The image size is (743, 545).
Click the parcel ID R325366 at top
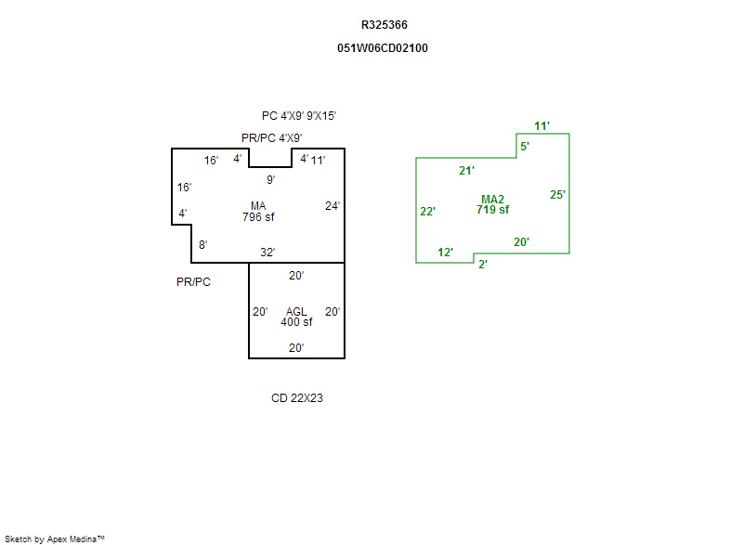pyautogui.click(x=384, y=25)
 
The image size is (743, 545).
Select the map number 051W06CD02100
pyautogui.click(x=383, y=47)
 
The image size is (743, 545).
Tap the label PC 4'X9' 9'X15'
pyautogui.click(x=298, y=116)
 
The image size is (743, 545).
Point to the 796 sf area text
pyautogui.click(x=258, y=217)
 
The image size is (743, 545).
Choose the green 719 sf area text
pyautogui.click(x=492, y=210)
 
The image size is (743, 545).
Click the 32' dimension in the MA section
pyautogui.click(x=267, y=252)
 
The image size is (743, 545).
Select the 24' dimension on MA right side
pyautogui.click(x=332, y=205)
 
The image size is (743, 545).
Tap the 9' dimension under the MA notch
pyautogui.click(x=270, y=179)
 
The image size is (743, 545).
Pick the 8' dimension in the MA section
pyautogui.click(x=202, y=245)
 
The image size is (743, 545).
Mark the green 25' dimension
pyautogui.click(x=557, y=195)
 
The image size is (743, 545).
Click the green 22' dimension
pyautogui.click(x=428, y=211)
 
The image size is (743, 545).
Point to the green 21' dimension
pyautogui.click(x=467, y=170)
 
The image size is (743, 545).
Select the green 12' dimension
pyautogui.click(x=446, y=253)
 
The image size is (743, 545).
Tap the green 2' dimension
pyautogui.click(x=483, y=265)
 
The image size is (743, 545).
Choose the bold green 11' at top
pyautogui.click(x=542, y=125)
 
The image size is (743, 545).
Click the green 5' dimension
pyautogui.click(x=525, y=147)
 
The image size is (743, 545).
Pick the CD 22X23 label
pyautogui.click(x=297, y=398)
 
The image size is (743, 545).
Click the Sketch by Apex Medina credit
pyautogui.click(x=54, y=539)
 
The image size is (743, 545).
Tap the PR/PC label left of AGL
pyautogui.click(x=193, y=281)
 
